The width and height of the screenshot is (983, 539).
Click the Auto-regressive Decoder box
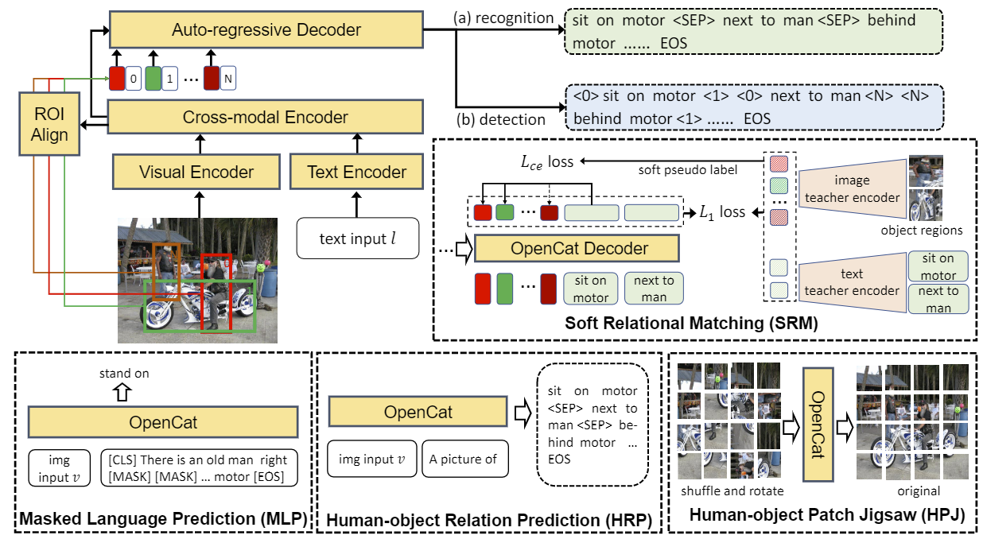(266, 31)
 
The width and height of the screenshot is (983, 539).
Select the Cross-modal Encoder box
(266, 118)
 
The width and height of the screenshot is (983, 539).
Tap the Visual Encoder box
(196, 172)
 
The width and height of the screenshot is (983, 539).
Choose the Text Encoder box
(356, 172)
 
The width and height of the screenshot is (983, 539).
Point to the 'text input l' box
(357, 238)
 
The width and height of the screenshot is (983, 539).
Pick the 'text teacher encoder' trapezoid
(851, 283)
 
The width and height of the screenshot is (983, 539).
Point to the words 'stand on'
(123, 373)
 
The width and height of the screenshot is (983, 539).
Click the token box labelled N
(229, 79)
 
